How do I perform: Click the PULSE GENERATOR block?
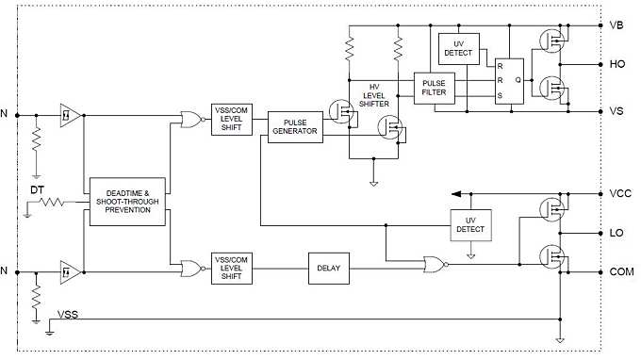[x=294, y=127]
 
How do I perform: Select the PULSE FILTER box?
[x=434, y=87]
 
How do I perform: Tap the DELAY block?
[x=329, y=269]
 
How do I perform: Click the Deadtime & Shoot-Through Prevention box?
[x=127, y=201]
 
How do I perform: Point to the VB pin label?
[x=616, y=26]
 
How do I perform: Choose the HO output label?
[x=616, y=64]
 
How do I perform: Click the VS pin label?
[x=616, y=111]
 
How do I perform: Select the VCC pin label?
[x=619, y=193]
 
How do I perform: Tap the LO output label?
[x=616, y=232]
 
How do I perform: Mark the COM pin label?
[x=621, y=270]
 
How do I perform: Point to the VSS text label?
[x=69, y=313]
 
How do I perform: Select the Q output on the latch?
[x=518, y=80]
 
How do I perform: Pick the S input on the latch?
[x=501, y=94]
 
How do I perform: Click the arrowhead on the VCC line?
[x=455, y=193]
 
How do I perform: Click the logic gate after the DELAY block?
[x=435, y=266]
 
